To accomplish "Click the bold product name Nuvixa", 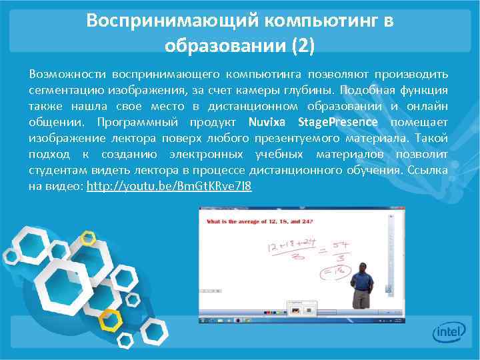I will (269, 122).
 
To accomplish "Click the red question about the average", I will (259, 221).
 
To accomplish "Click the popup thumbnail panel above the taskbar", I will (301, 309).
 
